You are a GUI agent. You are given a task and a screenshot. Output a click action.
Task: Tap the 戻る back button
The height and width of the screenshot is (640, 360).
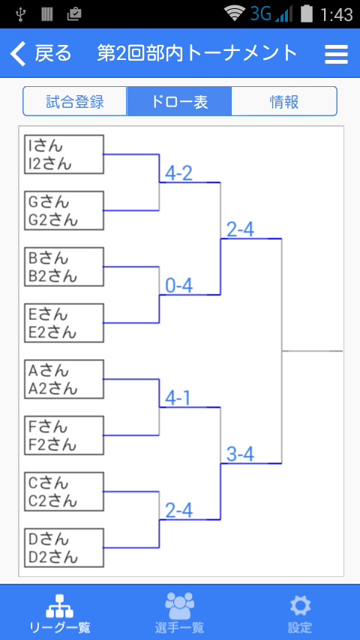40,53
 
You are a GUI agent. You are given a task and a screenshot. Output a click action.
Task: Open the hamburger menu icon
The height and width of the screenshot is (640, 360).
336,54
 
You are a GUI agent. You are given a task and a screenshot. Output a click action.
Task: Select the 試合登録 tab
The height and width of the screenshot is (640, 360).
75,101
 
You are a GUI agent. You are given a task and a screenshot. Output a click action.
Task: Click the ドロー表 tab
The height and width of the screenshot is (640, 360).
179,101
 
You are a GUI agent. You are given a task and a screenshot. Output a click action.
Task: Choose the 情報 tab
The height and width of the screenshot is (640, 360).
284,101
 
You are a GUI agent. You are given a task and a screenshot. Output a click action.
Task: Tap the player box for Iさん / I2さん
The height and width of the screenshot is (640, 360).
64,154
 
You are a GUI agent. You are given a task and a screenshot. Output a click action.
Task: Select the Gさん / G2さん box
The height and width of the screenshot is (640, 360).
64,211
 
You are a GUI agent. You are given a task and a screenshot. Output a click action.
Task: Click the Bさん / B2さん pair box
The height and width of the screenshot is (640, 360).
64,267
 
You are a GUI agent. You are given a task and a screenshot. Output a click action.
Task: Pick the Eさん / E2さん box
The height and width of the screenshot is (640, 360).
64,323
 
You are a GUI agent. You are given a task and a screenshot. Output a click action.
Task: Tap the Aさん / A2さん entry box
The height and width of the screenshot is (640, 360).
64,379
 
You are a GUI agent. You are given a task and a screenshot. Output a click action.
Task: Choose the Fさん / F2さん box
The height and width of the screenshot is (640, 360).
64,435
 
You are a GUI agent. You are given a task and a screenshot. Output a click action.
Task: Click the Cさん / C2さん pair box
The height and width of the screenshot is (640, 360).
64,492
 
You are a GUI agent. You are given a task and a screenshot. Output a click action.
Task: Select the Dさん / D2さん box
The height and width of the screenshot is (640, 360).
64,548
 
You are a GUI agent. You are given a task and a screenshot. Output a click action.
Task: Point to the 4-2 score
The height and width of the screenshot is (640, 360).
179,173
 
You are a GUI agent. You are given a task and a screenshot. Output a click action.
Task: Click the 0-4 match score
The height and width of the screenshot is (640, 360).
179,286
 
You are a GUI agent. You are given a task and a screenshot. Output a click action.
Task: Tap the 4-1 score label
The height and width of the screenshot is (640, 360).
178,399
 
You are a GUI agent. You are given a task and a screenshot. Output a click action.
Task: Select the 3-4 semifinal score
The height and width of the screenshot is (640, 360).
240,455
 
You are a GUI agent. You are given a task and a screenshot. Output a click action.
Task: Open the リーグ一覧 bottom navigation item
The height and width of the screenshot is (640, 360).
60,613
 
